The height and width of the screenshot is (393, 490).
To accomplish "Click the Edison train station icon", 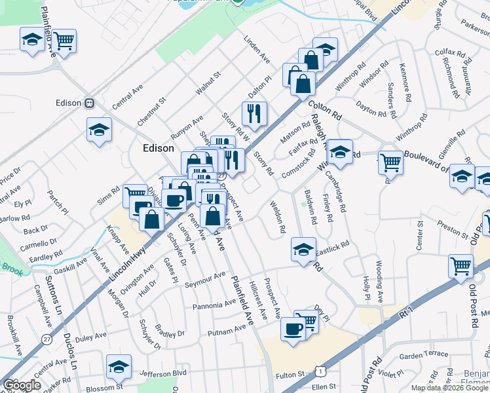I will (x=90, y=103).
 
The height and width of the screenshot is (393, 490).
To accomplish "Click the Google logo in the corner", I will (x=22, y=385).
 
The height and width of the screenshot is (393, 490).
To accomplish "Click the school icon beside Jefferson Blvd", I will (x=119, y=366).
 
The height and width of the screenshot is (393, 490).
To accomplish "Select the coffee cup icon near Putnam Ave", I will (x=292, y=328).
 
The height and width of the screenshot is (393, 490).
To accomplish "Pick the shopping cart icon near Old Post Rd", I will (x=461, y=267).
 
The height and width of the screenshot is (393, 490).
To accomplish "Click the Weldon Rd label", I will (x=278, y=218).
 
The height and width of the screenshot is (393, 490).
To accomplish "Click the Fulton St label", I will (x=291, y=375).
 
